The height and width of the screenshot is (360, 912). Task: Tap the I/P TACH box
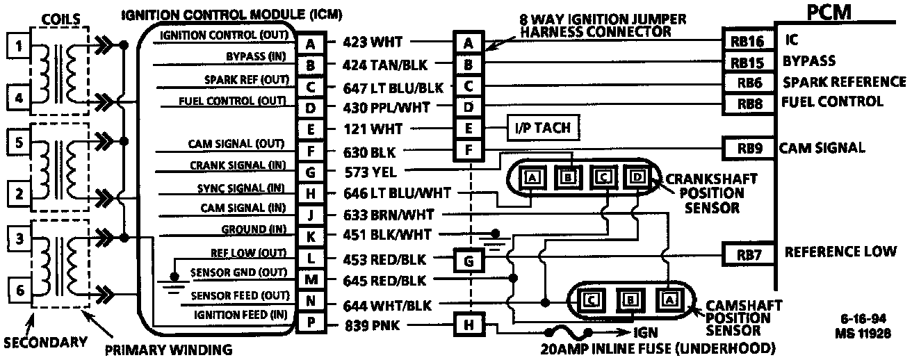click(542, 129)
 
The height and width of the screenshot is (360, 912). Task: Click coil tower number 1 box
click(19, 47)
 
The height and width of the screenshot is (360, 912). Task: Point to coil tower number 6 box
click(19, 291)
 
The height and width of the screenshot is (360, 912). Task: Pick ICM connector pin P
click(311, 324)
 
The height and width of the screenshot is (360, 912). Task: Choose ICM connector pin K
click(311, 236)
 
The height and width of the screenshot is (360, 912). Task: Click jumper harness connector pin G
click(469, 261)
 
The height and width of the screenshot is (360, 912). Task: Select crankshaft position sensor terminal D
click(635, 178)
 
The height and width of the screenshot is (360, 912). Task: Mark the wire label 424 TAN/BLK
click(386, 65)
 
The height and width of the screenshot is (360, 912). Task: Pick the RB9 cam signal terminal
click(747, 147)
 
